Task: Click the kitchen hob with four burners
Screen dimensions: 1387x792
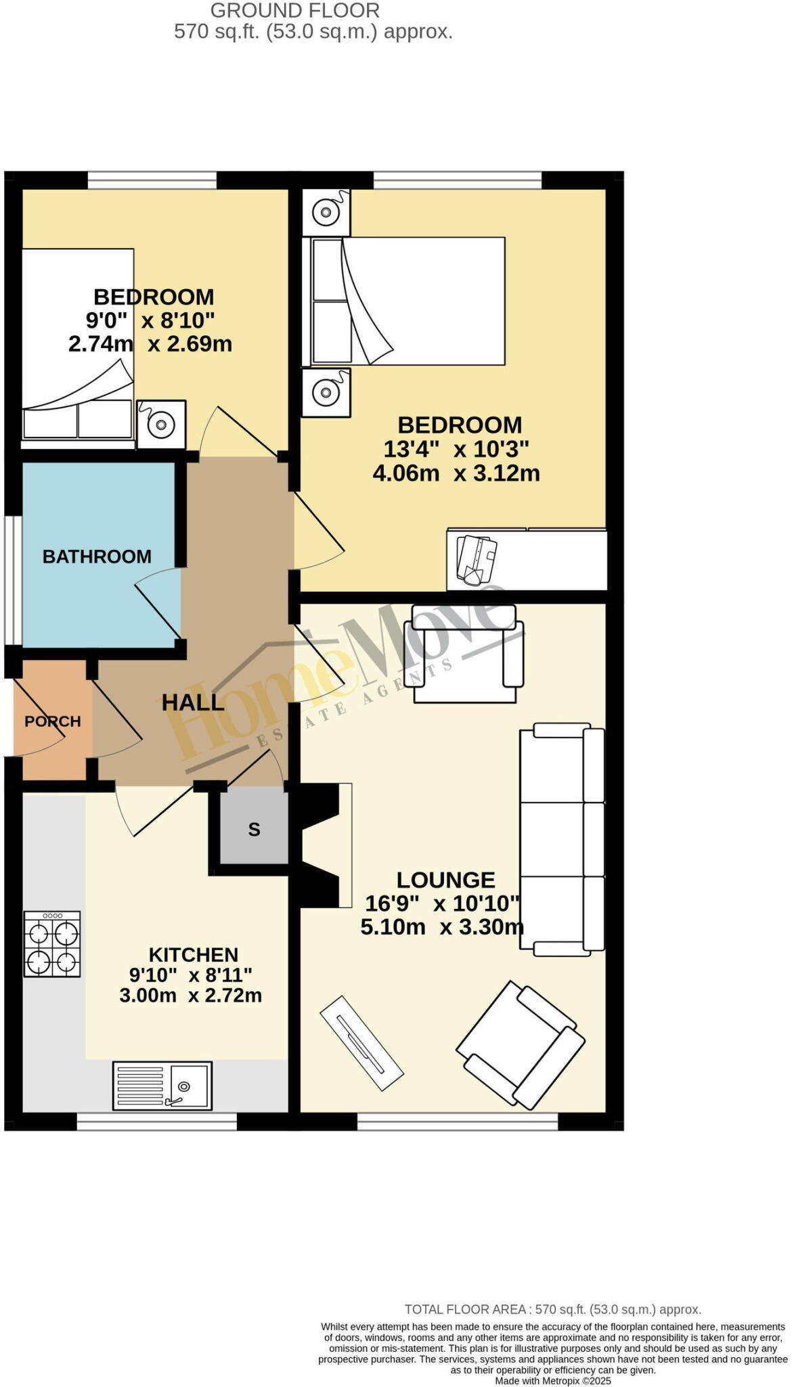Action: coord(52,943)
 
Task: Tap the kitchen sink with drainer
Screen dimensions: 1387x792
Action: coord(162,1085)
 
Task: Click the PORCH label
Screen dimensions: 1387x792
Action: coord(52,721)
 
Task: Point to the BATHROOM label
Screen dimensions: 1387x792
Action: coord(97,556)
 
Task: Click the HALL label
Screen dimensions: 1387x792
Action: coord(193,702)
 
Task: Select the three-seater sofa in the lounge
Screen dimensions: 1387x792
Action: coord(561,840)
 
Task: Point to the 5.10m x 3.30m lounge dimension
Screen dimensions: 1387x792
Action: coord(441,926)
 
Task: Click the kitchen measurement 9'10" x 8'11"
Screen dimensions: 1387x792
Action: coord(191,975)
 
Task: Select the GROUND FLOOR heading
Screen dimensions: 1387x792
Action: coord(294,10)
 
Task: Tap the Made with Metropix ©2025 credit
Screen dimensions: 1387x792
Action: coord(552,1381)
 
